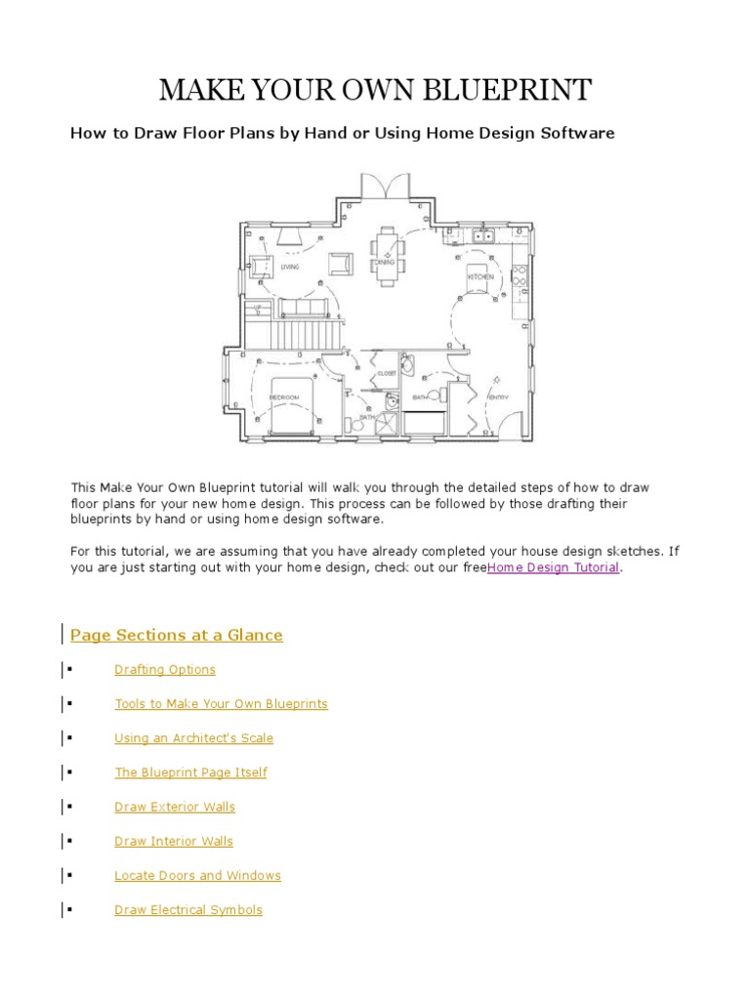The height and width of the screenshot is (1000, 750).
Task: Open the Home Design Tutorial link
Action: (x=554, y=567)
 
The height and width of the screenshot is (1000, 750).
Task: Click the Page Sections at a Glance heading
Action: (x=177, y=635)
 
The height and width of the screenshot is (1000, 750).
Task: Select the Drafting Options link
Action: (x=165, y=670)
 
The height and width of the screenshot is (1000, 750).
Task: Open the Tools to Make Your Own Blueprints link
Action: (x=221, y=704)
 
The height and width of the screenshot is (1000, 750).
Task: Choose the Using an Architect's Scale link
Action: (x=193, y=738)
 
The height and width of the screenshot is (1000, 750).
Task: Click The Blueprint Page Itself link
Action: (x=190, y=772)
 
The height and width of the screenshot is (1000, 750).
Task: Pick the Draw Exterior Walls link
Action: (x=175, y=807)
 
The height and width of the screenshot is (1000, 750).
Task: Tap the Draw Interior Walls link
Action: (x=174, y=841)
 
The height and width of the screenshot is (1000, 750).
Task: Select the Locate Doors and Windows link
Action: (x=197, y=876)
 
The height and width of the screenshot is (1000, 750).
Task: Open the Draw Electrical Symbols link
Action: (x=188, y=910)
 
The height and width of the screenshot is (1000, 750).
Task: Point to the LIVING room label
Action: (x=290, y=267)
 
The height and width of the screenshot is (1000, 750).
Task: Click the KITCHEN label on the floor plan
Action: (x=479, y=278)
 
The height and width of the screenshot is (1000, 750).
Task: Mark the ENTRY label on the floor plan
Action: (x=498, y=397)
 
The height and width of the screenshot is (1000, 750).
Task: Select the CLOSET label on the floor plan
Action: (x=387, y=373)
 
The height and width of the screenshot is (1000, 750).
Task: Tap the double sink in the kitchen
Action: (x=481, y=236)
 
